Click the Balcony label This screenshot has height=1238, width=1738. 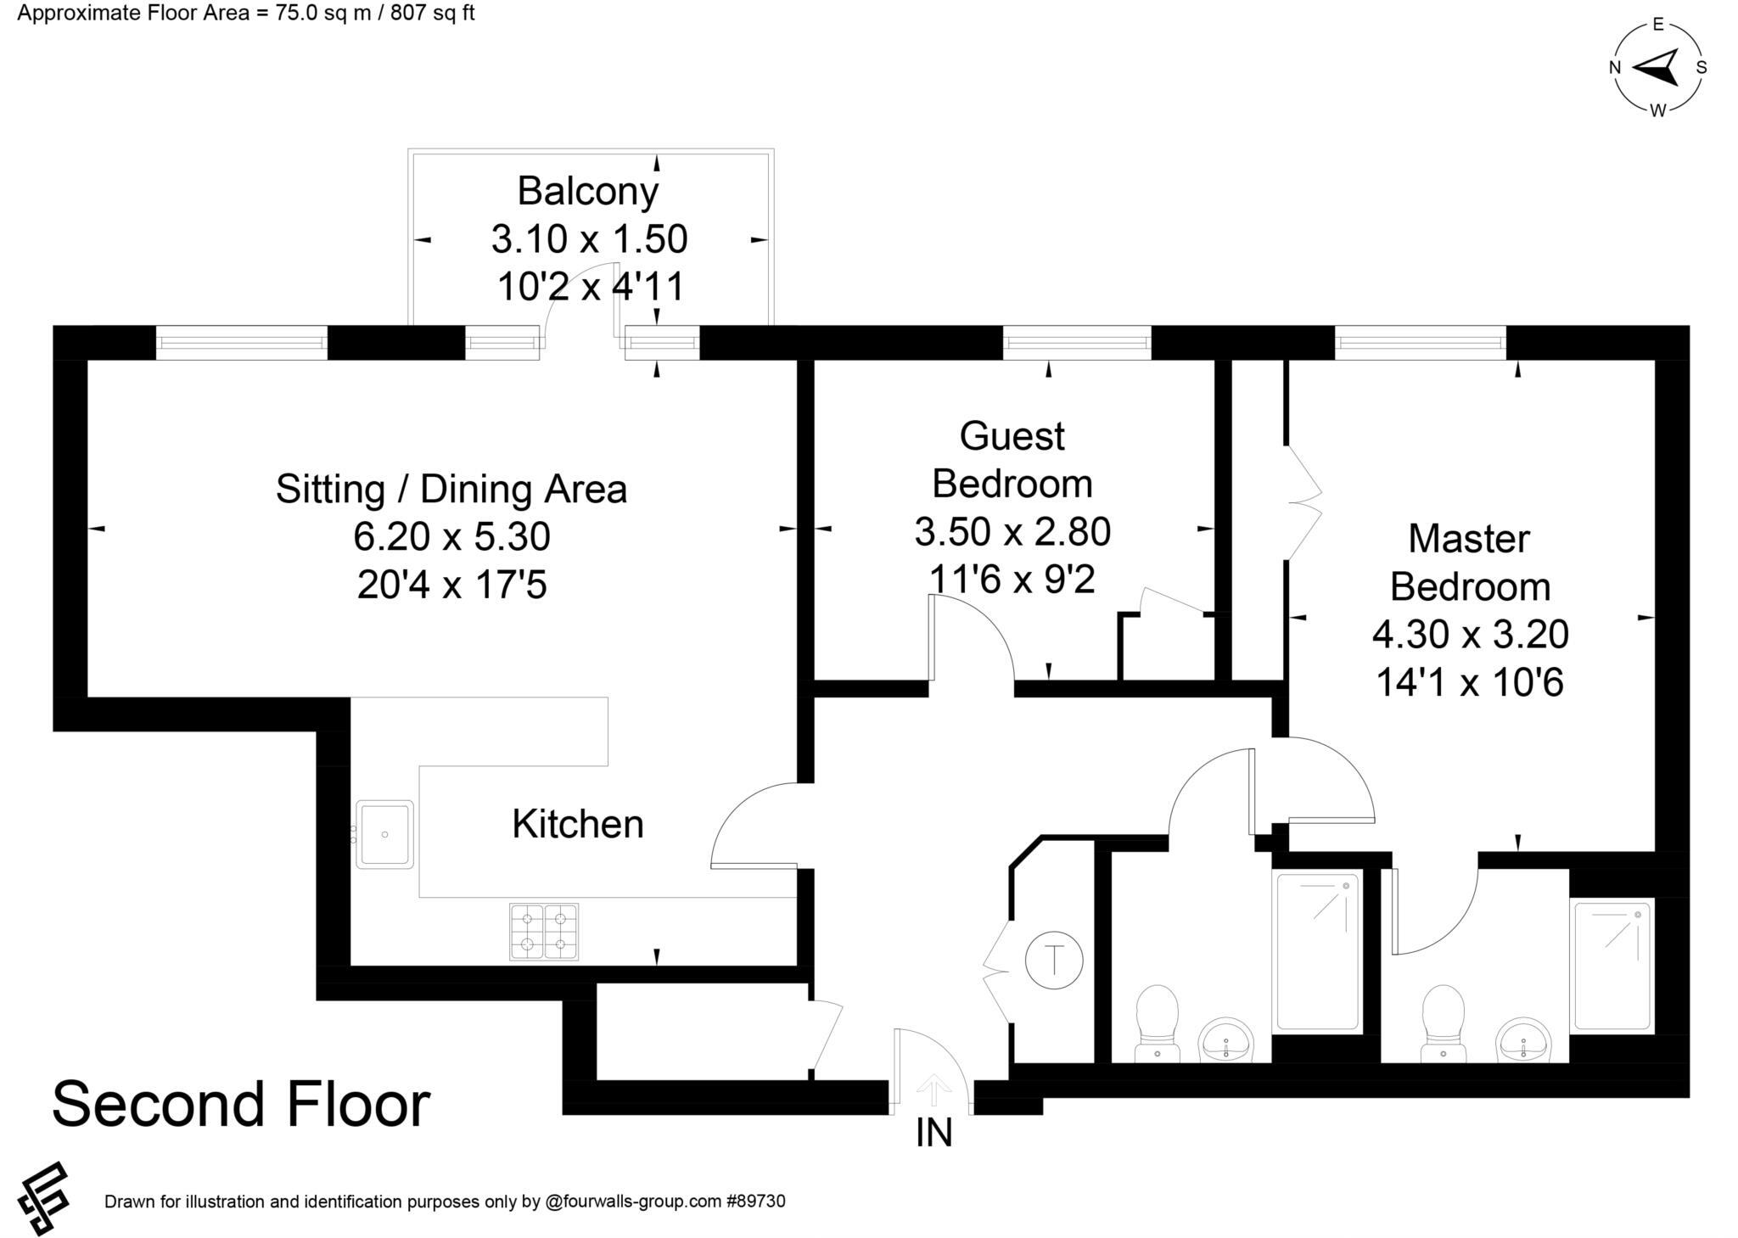coord(587,191)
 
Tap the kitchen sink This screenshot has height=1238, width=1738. coord(384,834)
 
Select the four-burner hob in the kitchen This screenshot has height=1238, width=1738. coord(544,932)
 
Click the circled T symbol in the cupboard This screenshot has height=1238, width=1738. coord(1054,961)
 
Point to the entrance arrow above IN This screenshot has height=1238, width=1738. coord(933,1090)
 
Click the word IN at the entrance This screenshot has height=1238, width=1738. coord(933,1134)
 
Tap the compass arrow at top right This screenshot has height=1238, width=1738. coord(1657,68)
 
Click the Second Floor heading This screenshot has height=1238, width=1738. coord(241,1105)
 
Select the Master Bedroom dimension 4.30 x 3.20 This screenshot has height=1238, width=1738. coord(1470,634)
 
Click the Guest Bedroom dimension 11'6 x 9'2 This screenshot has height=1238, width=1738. coord(1012,580)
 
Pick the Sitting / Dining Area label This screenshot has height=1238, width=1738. coord(451,490)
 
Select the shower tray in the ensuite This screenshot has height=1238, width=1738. coord(1611,966)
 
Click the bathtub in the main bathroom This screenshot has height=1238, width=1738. coord(1317,951)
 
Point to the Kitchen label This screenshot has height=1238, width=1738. coord(578,824)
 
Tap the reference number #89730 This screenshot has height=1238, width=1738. coord(755,1202)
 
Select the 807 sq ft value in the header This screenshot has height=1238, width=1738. coord(432,14)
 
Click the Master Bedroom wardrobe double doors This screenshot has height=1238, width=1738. coord(1303,502)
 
